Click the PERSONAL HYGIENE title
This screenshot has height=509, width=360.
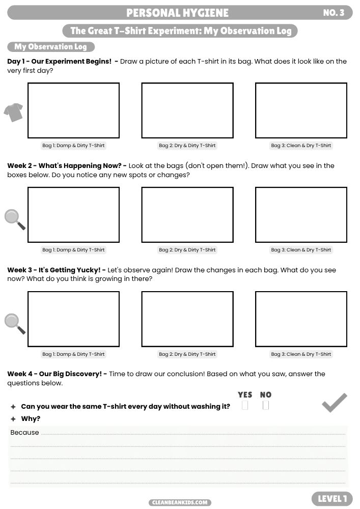pos(177,13)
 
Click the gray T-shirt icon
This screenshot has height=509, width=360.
pos(14,112)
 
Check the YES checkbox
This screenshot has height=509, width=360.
pos(245,406)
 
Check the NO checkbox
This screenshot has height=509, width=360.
pos(265,406)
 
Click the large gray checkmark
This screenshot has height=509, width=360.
pos(335,403)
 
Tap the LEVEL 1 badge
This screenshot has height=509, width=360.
pos(333,499)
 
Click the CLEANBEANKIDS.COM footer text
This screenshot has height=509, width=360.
pos(180,502)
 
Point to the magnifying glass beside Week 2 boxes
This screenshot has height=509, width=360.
pos(14,219)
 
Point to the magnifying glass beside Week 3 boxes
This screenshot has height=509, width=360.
pos(14,323)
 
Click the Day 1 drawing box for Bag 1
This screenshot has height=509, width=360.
pos(73,110)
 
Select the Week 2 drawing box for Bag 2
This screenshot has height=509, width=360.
pos(187,215)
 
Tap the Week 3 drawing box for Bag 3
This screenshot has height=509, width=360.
pos(301,319)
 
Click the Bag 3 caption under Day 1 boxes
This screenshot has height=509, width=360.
pos(301,146)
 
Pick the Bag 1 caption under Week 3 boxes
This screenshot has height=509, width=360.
pos(73,354)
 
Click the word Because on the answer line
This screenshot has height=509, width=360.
pos(24,433)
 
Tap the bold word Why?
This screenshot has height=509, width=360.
pos(31,419)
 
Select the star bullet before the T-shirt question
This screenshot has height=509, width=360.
pos(13,407)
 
